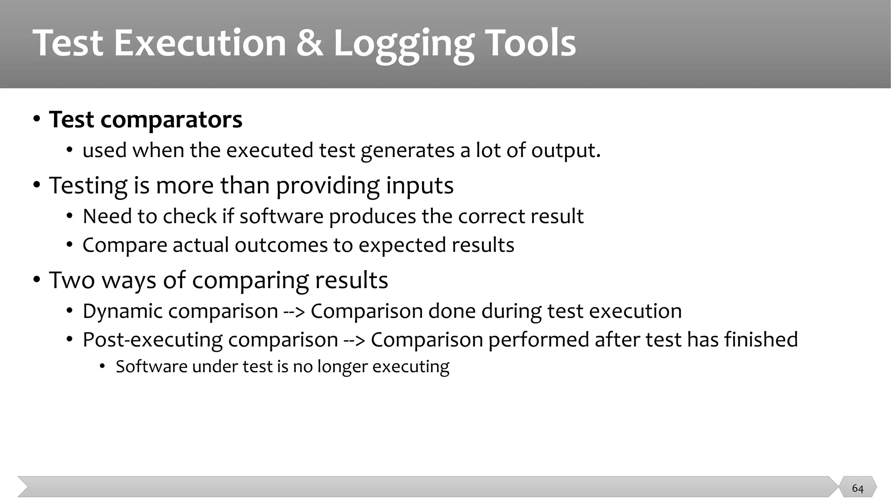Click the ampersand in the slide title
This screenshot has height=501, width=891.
(310, 43)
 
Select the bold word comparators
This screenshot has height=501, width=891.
(171, 120)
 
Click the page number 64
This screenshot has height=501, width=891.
(858, 488)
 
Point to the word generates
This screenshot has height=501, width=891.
(407, 150)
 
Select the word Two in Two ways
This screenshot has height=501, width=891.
(72, 280)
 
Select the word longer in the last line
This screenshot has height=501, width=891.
(342, 367)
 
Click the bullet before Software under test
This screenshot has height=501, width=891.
(102, 367)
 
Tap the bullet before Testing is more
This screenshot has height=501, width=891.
(37, 186)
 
